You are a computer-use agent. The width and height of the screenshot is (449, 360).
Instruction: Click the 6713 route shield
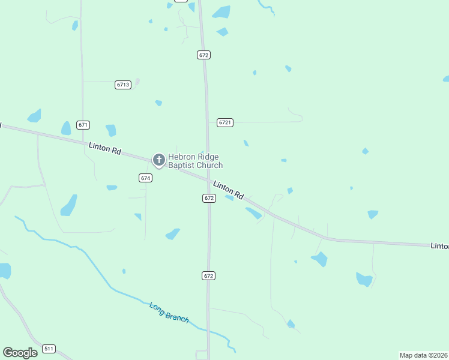123,85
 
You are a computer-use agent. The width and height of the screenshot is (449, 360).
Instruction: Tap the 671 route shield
83,125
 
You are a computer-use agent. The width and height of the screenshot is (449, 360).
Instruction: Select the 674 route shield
145,178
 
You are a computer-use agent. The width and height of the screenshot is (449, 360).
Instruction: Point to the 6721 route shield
224,122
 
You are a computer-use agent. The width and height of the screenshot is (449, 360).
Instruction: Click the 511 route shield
49,349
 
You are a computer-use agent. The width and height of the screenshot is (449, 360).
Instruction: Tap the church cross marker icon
158,160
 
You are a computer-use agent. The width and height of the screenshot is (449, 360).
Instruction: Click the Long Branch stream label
169,313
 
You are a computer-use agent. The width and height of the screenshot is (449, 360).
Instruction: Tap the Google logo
20,352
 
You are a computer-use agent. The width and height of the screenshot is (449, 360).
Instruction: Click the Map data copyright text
423,355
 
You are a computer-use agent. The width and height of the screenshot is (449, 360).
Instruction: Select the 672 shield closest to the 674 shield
209,197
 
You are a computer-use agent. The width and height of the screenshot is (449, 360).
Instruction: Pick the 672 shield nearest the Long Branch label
208,275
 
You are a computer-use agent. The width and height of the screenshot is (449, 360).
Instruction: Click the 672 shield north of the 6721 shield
203,55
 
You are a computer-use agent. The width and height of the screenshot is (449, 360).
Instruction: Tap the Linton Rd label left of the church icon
105,148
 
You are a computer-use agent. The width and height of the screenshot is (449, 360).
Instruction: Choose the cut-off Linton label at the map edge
439,246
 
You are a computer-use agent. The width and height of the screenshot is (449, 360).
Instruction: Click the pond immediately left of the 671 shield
66,128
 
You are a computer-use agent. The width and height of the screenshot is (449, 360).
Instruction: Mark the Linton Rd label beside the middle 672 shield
229,190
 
